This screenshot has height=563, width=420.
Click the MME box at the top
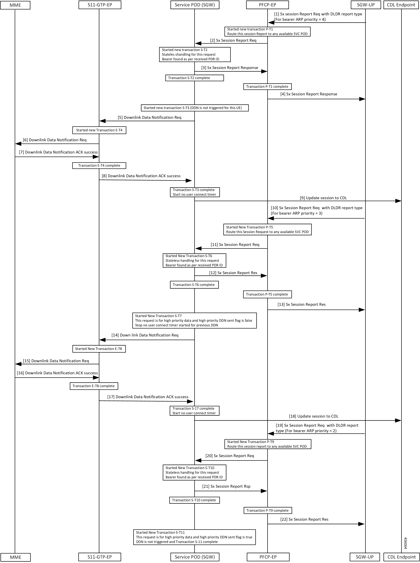coord(15,5)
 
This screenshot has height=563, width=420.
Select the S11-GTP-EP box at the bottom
coord(100,557)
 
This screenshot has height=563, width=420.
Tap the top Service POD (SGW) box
coord(195,5)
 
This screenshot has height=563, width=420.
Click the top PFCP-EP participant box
coord(267,5)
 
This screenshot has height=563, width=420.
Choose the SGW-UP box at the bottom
coord(365,557)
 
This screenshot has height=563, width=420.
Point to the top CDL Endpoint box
coord(401,5)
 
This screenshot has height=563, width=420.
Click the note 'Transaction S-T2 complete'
coord(194,78)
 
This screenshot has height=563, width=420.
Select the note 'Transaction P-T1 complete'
coord(267,87)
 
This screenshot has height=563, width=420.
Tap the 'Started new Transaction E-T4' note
coord(99,130)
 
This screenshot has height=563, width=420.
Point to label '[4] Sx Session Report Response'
coord(309,94)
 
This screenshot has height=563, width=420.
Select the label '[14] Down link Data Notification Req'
coord(145,335)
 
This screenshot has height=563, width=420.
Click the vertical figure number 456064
coord(406,543)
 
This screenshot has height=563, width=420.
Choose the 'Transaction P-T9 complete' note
coord(268,510)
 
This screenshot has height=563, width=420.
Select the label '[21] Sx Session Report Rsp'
coord(226,486)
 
